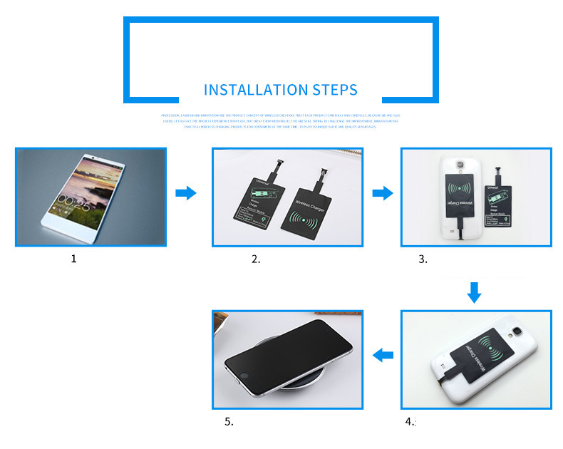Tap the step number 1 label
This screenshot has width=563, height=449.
click(x=73, y=259)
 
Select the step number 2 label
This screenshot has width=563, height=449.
click(x=256, y=259)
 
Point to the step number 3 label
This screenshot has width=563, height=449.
click(x=423, y=259)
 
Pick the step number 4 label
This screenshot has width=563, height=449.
click(x=410, y=421)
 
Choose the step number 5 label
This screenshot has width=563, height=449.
click(x=229, y=421)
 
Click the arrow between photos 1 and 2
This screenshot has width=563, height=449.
click(x=185, y=192)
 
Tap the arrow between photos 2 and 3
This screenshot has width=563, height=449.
click(x=383, y=192)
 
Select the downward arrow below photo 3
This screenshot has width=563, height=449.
click(x=475, y=291)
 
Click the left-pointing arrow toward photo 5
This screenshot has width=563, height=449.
click(x=384, y=353)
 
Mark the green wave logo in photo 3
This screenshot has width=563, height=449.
click(x=459, y=192)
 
